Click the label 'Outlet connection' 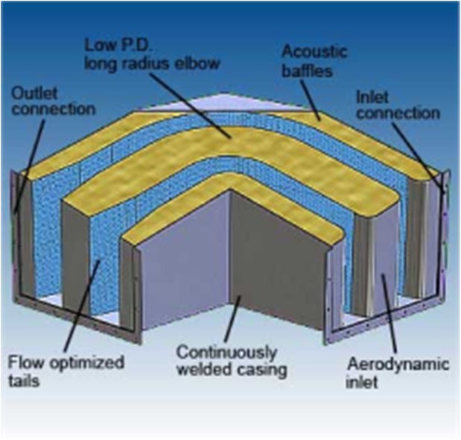[51, 101]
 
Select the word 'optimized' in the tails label [89, 362]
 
